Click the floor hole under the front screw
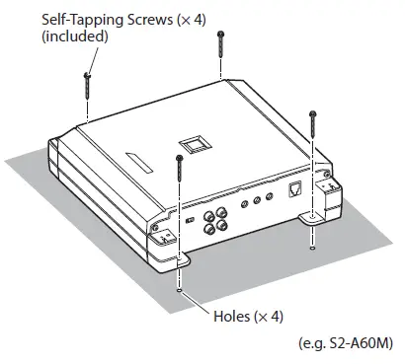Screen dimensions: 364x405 click(179, 289)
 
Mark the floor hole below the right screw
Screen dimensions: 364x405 click(312, 248)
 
